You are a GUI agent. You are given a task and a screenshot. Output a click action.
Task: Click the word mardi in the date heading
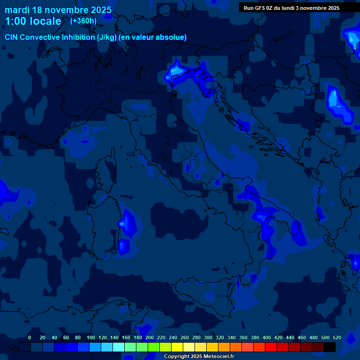(x=17, y=10)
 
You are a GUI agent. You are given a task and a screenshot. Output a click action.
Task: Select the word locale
(x=45, y=21)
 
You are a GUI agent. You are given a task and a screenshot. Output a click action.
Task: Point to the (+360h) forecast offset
(x=83, y=21)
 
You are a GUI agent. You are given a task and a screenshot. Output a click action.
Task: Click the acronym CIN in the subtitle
(x=11, y=37)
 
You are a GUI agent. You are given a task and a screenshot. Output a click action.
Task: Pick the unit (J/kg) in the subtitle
(x=107, y=37)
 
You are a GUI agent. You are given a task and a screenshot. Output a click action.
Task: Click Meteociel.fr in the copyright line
(x=217, y=357)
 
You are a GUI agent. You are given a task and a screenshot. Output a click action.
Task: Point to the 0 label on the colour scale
(x=30, y=337)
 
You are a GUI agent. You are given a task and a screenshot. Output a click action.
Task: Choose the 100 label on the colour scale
(x=90, y=337)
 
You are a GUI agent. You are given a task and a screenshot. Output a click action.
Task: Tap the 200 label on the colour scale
(x=150, y=337)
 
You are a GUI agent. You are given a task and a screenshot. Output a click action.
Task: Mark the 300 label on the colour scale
(x=208, y=337)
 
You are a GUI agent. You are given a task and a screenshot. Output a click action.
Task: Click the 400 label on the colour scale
(x=267, y=337)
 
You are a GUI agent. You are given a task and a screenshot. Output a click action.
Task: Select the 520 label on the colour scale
(x=337, y=337)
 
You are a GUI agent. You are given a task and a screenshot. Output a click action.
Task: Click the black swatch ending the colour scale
(x=330, y=347)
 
